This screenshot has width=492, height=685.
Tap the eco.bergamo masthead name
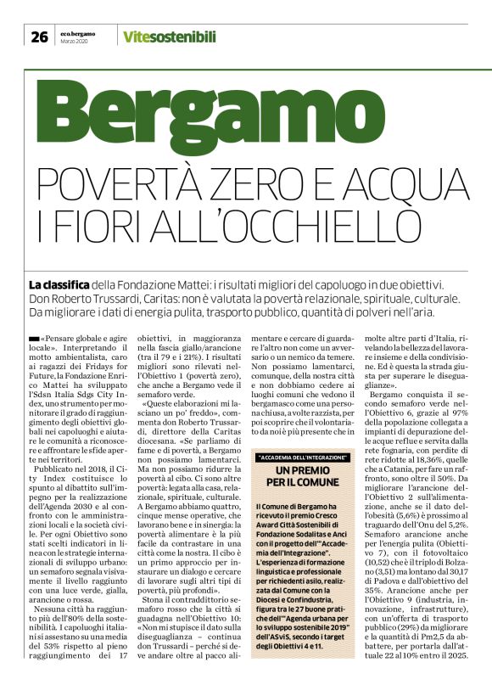(x=77, y=32)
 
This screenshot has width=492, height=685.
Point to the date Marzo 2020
(x=75, y=41)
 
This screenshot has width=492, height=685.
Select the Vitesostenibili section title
(x=169, y=36)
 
